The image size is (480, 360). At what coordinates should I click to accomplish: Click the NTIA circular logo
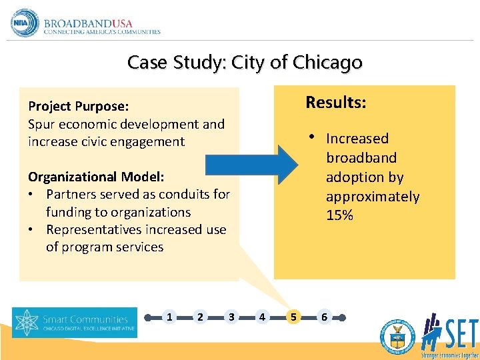click(x=25, y=23)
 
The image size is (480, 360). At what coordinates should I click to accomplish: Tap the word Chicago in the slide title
click(x=327, y=63)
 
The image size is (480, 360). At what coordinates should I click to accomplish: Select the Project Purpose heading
click(x=78, y=106)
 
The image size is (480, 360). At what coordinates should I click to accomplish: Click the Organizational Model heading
click(x=96, y=177)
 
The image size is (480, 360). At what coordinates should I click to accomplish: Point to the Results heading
click(x=335, y=103)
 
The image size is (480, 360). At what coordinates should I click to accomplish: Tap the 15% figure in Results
click(x=339, y=215)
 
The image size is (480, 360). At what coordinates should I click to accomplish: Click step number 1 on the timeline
click(x=169, y=317)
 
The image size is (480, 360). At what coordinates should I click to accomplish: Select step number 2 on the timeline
click(x=200, y=317)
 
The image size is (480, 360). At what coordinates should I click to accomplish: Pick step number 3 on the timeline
click(x=231, y=317)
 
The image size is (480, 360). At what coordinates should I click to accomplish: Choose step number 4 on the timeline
click(x=261, y=317)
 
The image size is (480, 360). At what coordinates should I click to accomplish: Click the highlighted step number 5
click(x=293, y=317)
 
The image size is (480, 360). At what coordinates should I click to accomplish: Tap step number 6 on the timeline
click(x=324, y=317)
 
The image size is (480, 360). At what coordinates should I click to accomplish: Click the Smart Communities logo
click(x=74, y=323)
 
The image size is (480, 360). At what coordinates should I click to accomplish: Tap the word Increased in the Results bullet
click(x=357, y=139)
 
